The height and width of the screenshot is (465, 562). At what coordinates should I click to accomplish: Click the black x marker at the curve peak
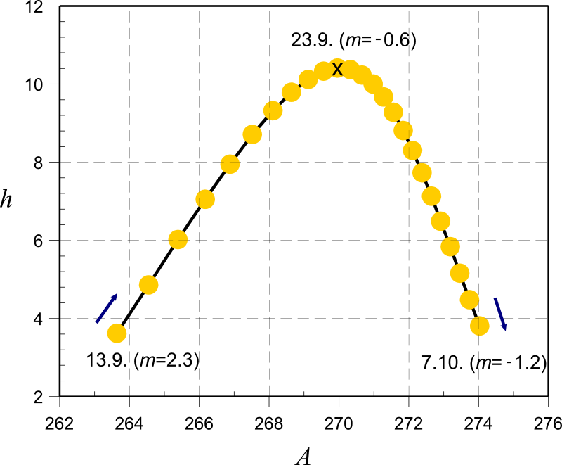(x=337, y=69)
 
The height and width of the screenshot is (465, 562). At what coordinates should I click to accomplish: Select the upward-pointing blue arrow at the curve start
(x=107, y=307)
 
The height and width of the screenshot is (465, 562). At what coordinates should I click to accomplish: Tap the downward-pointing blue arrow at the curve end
(x=499, y=313)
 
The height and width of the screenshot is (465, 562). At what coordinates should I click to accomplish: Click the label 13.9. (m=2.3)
(x=143, y=360)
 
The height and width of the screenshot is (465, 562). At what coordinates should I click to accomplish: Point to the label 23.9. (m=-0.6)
(x=354, y=40)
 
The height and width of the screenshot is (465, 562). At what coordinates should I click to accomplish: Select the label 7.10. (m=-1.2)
(x=484, y=363)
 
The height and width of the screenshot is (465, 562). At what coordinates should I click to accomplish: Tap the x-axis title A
(x=303, y=457)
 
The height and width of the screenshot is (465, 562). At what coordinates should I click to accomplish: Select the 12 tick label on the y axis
(x=34, y=7)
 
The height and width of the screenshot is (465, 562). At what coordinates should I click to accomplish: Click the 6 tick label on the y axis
(x=39, y=241)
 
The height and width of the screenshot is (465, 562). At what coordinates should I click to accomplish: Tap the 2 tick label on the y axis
(x=39, y=397)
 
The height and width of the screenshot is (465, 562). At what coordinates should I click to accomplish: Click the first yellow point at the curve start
(x=117, y=333)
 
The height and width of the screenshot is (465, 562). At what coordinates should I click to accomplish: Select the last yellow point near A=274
(x=479, y=325)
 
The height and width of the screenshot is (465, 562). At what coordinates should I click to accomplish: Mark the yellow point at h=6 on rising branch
(x=178, y=239)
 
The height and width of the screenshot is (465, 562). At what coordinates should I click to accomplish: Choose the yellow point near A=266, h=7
(x=205, y=199)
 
